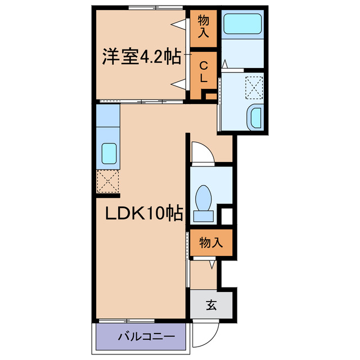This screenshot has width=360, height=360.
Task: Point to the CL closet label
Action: click(x=203, y=71)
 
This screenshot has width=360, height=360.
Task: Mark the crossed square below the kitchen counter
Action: click(x=108, y=182)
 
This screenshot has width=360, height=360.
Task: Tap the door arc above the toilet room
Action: click(x=200, y=152)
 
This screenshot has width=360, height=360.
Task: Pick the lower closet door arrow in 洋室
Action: click(x=179, y=85)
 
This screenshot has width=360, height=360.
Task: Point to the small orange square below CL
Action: click(x=209, y=96)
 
